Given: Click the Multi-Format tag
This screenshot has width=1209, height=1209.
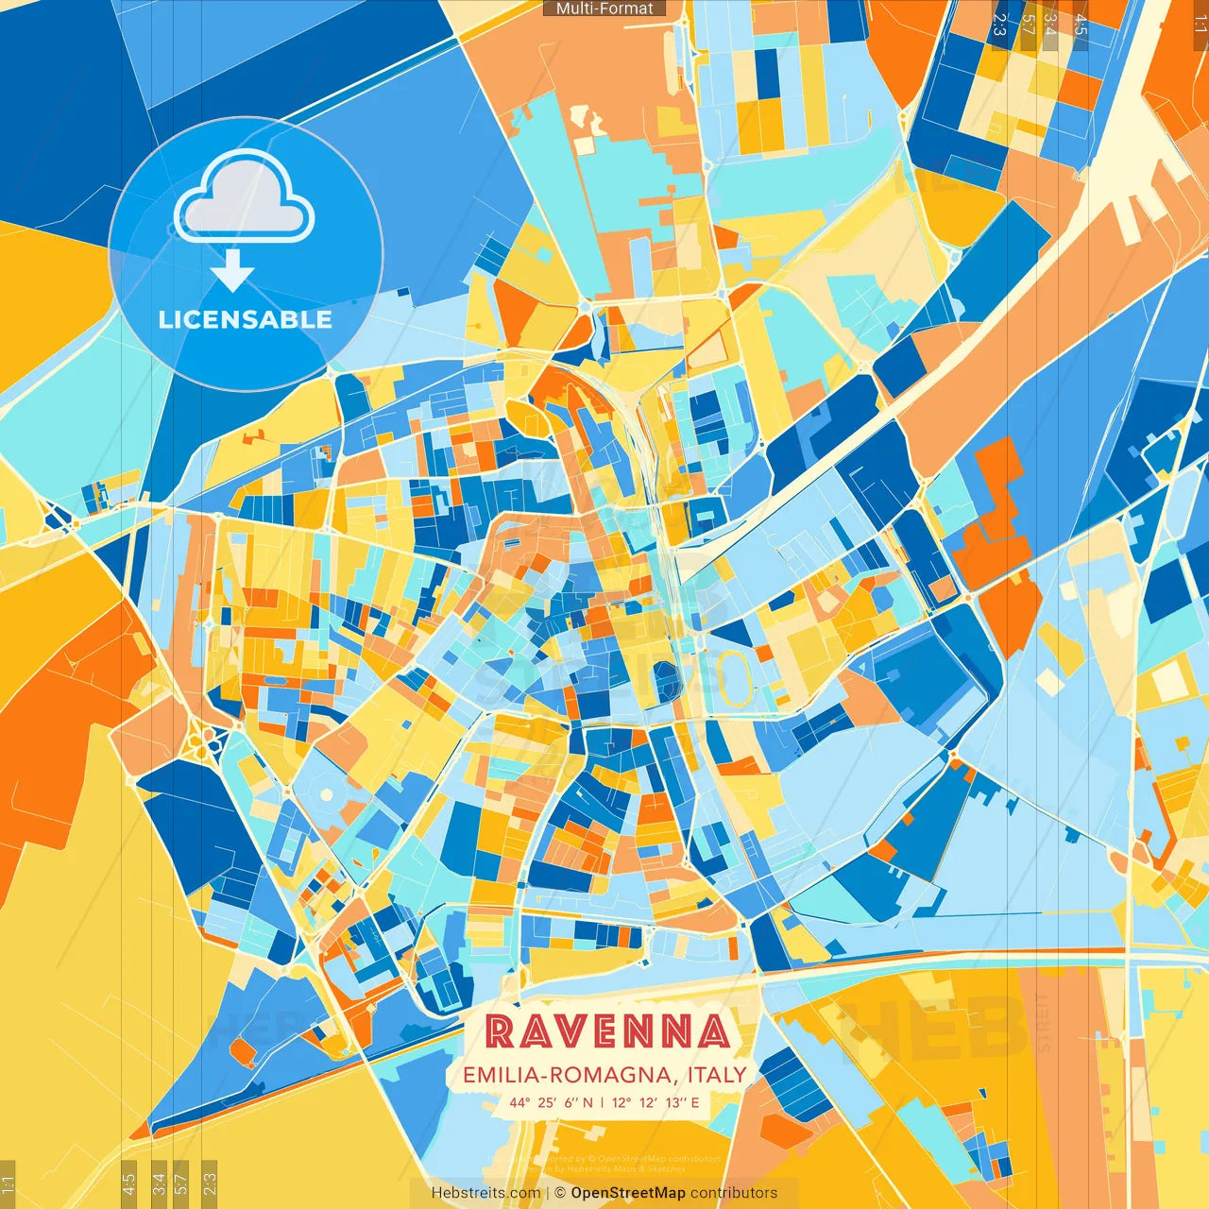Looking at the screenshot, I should [x=604, y=9].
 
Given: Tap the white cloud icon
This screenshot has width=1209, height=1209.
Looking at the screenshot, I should [x=244, y=197].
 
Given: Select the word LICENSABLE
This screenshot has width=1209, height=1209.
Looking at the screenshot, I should [x=245, y=319].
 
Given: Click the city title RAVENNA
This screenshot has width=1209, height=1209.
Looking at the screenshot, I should [x=607, y=1032].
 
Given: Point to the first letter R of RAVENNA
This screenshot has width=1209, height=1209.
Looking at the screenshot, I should [x=500, y=1032].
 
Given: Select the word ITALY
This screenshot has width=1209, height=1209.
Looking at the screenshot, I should [x=717, y=1075].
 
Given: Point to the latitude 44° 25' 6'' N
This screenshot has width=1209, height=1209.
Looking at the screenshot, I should [x=552, y=1102].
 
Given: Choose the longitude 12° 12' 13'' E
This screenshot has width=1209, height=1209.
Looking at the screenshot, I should [x=656, y=1102].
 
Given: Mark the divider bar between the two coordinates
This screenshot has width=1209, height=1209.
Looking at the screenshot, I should [x=603, y=1102].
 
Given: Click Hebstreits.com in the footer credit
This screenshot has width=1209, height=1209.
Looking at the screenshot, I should [x=485, y=1193].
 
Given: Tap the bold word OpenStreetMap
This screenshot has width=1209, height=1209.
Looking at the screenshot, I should [x=628, y=1193].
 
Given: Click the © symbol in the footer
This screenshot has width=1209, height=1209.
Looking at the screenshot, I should [x=559, y=1193].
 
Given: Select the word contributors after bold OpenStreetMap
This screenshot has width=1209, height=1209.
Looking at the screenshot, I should [x=734, y=1193].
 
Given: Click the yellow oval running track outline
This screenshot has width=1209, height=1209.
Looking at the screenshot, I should [x=734, y=678].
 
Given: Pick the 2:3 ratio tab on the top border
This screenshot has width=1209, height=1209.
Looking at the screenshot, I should [x=999, y=25].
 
